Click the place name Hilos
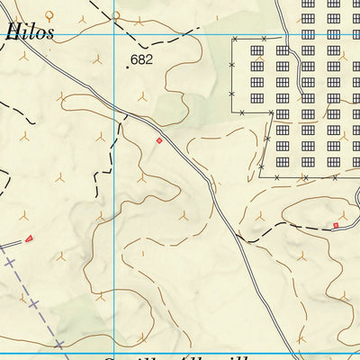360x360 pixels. (x=30, y=31)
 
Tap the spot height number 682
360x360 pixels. (x=141, y=60)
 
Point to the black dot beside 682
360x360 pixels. (x=128, y=66)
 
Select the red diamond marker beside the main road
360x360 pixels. (x=159, y=140)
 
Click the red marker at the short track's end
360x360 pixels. (x=29, y=238)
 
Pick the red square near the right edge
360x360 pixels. (x=337, y=225)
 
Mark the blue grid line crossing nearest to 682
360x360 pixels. (x=114, y=36)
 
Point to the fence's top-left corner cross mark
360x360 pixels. (x=234, y=40)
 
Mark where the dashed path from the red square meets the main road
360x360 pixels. (x=244, y=239)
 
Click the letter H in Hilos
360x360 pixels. (x=12, y=31)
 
